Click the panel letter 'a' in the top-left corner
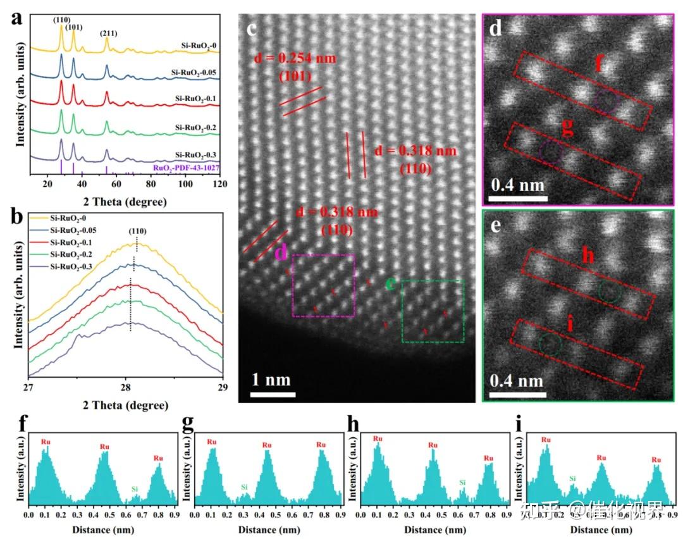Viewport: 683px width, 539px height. point(18,18)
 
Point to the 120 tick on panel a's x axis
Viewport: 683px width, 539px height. point(219,184)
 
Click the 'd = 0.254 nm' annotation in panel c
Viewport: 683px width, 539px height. point(295,59)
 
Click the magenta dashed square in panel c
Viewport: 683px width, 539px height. point(323,285)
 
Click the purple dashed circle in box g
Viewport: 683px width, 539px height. point(551,151)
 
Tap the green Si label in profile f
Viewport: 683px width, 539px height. point(134,489)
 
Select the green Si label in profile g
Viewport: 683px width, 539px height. point(244,486)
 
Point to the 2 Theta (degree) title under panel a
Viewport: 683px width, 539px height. point(125,202)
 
